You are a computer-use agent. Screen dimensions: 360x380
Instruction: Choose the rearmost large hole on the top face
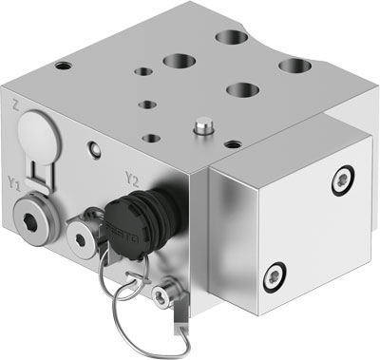click(x=229, y=39)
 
